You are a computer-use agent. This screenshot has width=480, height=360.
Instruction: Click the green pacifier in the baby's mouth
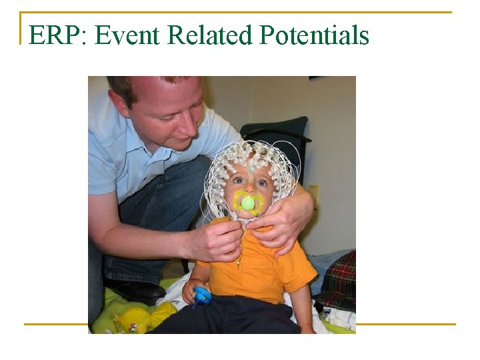248,203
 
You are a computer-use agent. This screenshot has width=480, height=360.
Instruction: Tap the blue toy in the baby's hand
201,295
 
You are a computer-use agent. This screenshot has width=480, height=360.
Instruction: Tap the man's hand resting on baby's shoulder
287,220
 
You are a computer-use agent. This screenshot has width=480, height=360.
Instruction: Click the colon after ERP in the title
83,37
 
